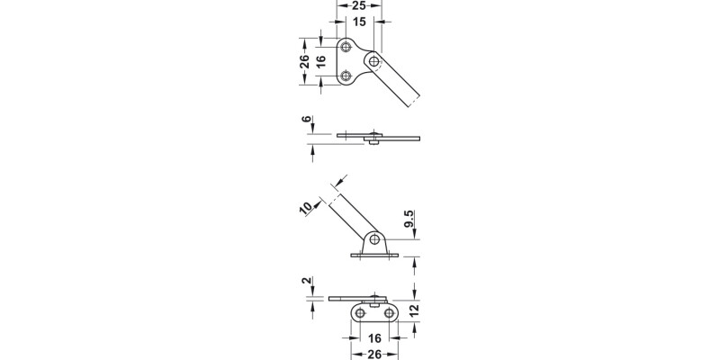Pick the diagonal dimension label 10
coord(306,208)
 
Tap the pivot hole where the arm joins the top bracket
coord(373,59)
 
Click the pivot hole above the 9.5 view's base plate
coord(372,240)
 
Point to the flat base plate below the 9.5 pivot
coord(373,256)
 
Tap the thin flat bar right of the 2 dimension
coord(355,297)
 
